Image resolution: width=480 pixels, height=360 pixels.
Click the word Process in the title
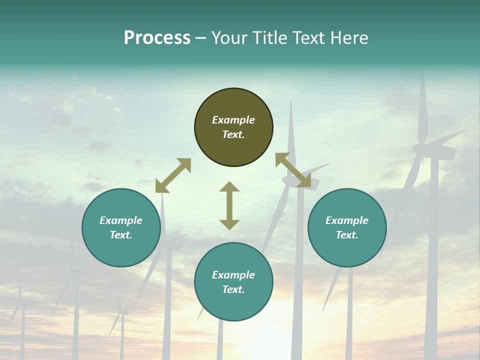tap(157, 38)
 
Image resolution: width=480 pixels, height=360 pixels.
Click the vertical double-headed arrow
tap(229, 205)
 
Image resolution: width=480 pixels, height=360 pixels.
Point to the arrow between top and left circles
tap(173, 175)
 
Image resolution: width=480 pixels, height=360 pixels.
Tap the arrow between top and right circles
tap(293, 170)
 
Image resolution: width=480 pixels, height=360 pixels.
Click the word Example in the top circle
tap(233, 120)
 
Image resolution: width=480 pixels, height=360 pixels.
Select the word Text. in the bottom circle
tap(233, 289)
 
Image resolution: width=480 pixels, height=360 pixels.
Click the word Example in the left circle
tap(121, 220)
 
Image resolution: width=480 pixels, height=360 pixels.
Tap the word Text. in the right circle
tap(347, 235)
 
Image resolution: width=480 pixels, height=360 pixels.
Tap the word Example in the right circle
tap(347, 220)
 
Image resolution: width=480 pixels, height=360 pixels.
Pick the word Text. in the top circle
tap(233, 134)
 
